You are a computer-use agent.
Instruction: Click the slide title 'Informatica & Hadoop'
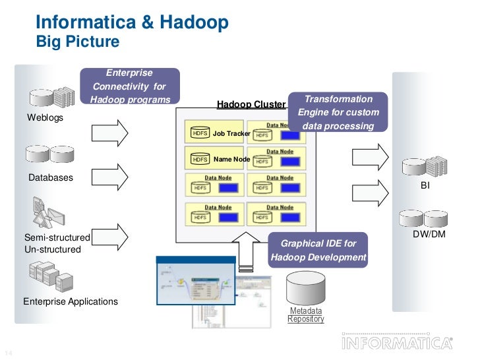coord(131,23)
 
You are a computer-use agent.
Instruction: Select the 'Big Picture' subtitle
coord(77,43)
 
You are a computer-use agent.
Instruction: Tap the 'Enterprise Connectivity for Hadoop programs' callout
coord(129,86)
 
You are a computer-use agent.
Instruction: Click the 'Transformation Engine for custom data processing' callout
coord(338,112)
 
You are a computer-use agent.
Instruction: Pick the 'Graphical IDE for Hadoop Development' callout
coord(318,250)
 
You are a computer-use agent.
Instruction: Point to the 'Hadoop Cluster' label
coord(251,104)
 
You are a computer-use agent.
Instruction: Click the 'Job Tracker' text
coord(231,134)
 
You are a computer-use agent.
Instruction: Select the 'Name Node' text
coord(231,160)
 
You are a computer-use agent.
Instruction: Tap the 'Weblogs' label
coord(45,118)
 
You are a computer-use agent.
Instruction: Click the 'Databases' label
coord(51,178)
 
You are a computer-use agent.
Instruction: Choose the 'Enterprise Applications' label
coord(71,301)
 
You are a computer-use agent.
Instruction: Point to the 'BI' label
coord(425,187)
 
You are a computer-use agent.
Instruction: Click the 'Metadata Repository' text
coord(306,315)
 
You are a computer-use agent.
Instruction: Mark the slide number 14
coord(9,349)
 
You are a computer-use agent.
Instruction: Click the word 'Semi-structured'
coord(57,237)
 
